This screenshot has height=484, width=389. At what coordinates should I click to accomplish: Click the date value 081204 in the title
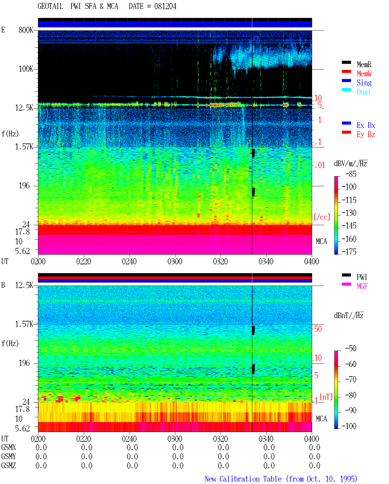coord(165,6)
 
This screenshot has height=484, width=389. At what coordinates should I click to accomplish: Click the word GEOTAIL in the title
coord(50,6)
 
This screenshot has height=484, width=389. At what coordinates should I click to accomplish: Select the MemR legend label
coord(364,64)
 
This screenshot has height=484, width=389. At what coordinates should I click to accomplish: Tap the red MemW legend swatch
coord(346,71)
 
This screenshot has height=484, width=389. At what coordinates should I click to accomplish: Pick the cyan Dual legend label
coord(363,92)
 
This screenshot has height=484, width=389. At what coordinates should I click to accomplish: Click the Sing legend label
coord(364,83)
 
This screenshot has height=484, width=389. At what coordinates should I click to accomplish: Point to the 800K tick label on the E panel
coord(26,30)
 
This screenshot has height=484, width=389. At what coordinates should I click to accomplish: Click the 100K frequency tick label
coord(26,69)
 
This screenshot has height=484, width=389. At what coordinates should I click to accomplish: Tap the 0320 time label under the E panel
coord(221,261)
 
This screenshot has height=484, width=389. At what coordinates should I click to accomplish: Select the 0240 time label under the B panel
coord(129,438)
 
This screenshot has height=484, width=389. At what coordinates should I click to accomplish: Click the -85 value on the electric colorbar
coord(351,174)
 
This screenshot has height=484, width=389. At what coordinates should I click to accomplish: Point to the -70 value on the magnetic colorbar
coord(351,379)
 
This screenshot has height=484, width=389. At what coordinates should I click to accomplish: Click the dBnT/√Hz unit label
coord(349,316)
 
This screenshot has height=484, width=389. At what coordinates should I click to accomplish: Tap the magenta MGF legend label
coord(362,286)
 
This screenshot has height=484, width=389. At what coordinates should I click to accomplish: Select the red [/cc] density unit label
coord(322,217)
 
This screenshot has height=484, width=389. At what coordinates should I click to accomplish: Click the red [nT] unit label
coord(326,397)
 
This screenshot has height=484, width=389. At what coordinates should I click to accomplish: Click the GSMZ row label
coord(9,465)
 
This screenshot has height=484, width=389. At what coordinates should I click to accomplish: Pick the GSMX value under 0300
coord(178,447)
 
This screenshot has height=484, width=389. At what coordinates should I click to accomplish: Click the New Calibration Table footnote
coord(281,479)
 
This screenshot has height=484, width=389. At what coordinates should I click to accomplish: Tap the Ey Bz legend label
coord(366,135)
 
